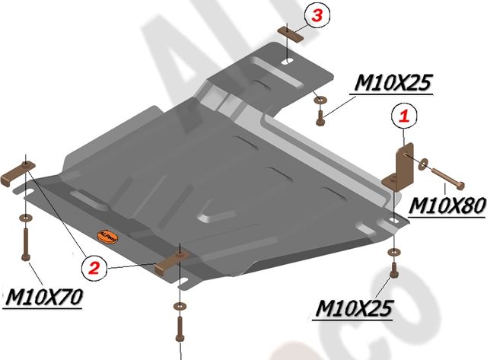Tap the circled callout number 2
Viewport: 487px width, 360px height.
click(94, 266)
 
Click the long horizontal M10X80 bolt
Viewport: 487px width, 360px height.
click(450, 180)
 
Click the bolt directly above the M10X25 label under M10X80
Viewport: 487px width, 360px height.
click(393, 271)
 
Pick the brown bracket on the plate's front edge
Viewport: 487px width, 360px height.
click(171, 261)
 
